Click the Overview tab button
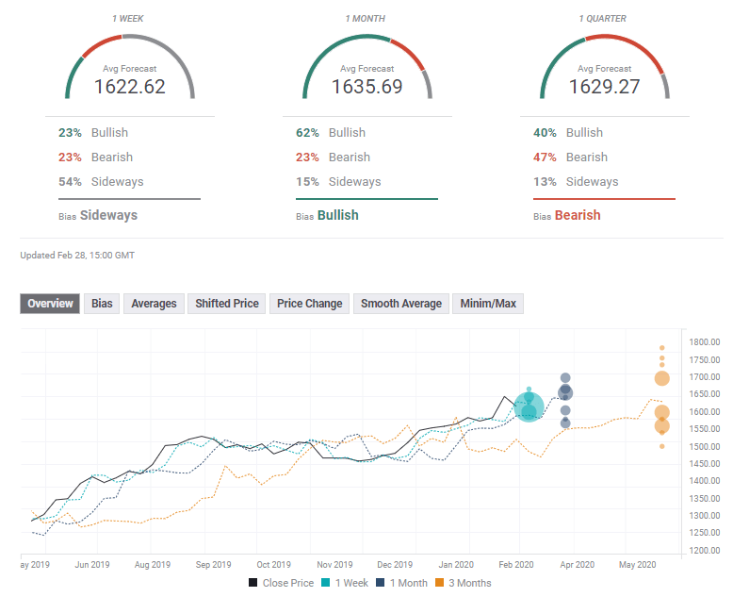[x=50, y=304]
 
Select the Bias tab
[x=102, y=304]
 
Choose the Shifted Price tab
[x=226, y=304]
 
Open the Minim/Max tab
[x=488, y=304]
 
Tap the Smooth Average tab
[x=400, y=304]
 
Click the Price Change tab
[x=310, y=304]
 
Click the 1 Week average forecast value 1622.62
[x=130, y=87]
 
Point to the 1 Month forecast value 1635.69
[x=366, y=87]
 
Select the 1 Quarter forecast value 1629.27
[x=604, y=87]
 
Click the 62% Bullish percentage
[x=307, y=133]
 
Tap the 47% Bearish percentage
[x=545, y=158]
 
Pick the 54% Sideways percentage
[x=70, y=182]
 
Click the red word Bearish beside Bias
[x=577, y=215]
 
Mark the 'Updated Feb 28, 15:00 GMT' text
[x=78, y=255]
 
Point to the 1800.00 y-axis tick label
[x=704, y=342]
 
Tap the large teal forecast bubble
[x=529, y=406]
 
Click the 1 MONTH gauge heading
[x=366, y=18]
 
